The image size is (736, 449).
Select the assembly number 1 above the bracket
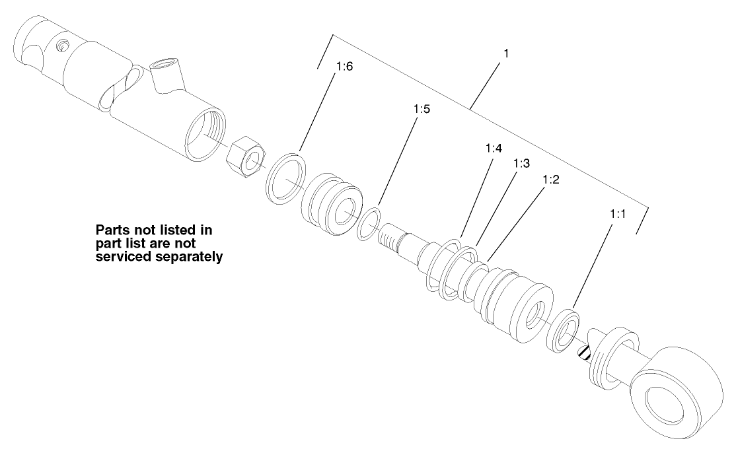[x=505, y=52]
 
